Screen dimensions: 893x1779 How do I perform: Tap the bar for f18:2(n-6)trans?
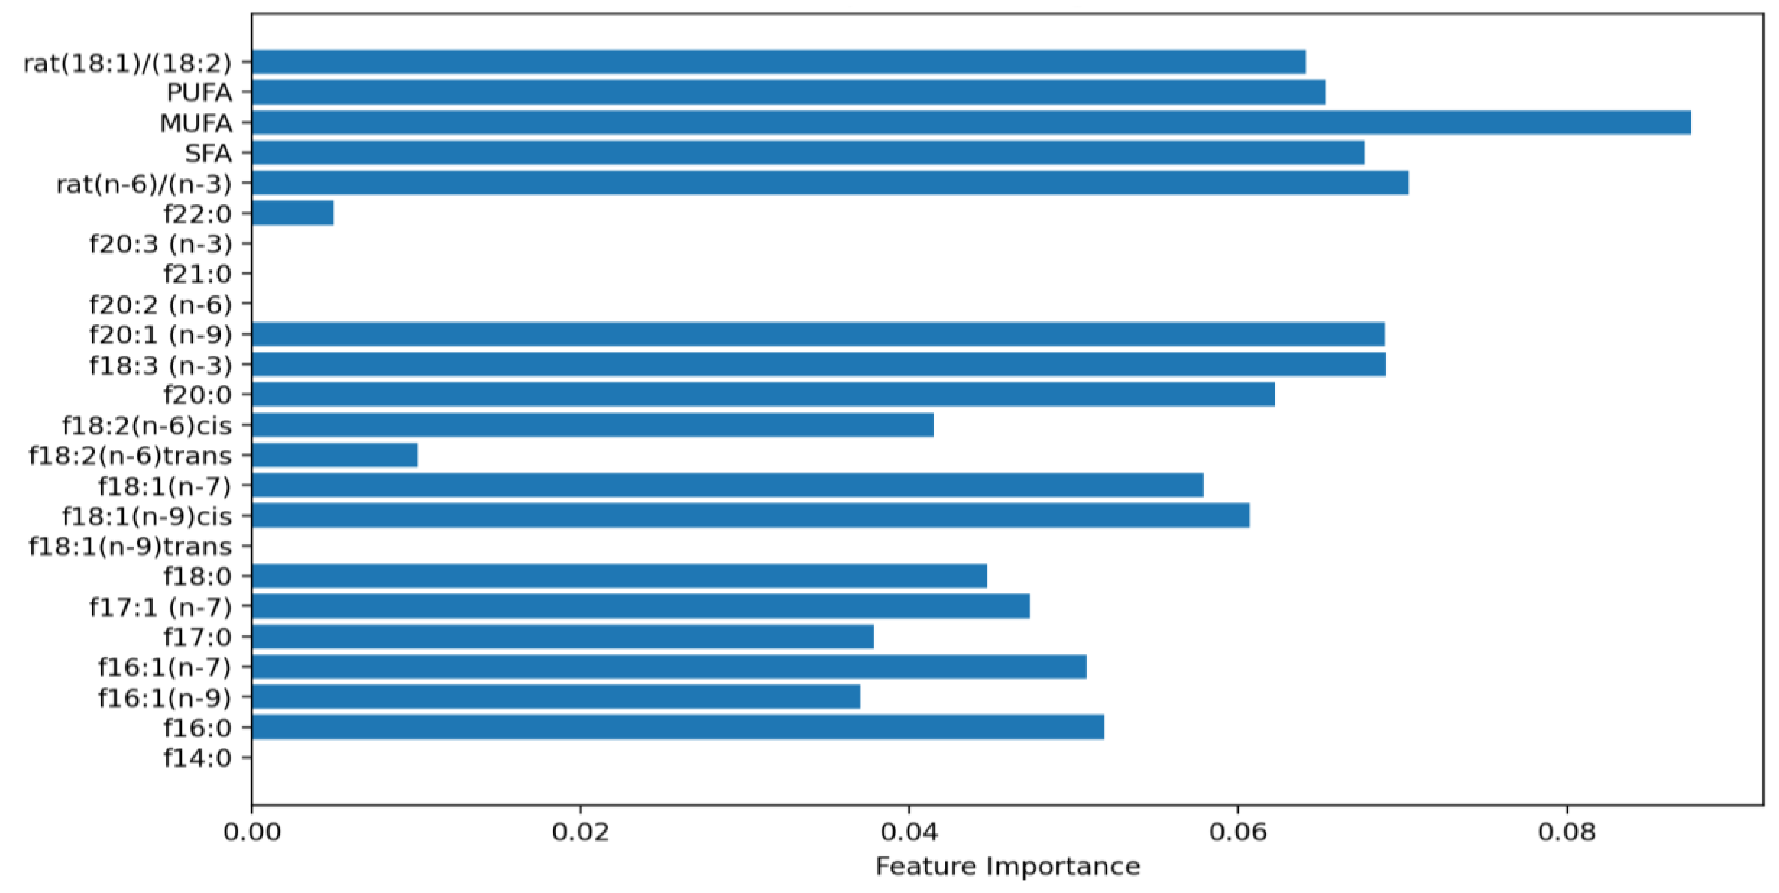point(334,455)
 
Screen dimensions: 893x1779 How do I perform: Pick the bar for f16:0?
point(677,727)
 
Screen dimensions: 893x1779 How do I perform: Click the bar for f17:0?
point(562,636)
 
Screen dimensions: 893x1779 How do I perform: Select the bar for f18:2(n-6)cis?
point(592,425)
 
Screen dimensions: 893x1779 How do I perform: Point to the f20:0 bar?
point(763,394)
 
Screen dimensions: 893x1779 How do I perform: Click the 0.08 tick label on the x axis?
point(1566,831)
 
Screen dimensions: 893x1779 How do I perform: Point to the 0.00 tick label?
point(252,831)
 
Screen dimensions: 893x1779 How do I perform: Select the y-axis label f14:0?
point(197,758)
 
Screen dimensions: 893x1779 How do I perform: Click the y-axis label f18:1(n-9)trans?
point(130,546)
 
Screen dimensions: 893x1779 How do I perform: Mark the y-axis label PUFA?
point(199,92)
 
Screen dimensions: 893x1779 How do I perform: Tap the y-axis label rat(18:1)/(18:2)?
point(127,63)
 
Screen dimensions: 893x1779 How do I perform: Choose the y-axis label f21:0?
point(197,274)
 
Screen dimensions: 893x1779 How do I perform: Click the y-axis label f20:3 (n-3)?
point(160,244)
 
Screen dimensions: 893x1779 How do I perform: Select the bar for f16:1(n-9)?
point(555,697)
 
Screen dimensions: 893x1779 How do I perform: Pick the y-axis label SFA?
point(208,153)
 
